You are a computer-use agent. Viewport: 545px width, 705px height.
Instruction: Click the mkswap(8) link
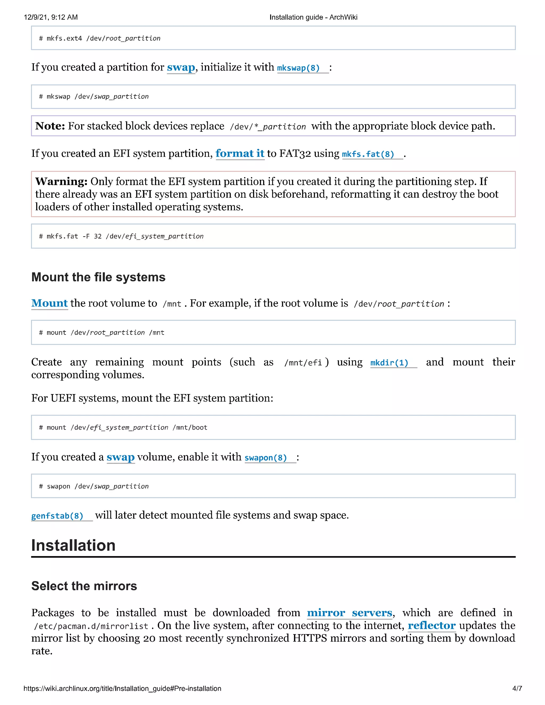pos(298,68)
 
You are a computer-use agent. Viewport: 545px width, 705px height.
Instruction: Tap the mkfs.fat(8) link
pos(368,154)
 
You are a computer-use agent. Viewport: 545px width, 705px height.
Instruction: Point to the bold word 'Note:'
pos(50,126)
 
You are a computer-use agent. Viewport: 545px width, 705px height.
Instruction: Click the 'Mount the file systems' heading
pos(98,277)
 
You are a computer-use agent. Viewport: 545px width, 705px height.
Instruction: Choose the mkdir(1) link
pos(389,363)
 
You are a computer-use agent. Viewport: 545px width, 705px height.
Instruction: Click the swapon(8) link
pos(266,458)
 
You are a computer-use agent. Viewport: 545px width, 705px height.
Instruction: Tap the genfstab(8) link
pos(57,516)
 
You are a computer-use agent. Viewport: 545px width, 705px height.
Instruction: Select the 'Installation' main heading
pos(73,546)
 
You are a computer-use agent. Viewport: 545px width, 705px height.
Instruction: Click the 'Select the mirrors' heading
pos(84,586)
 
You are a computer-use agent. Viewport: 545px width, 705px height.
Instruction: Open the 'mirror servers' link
pos(349,613)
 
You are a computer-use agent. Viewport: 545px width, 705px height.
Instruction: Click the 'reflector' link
pos(431,626)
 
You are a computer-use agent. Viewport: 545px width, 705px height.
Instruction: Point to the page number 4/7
pos(517,689)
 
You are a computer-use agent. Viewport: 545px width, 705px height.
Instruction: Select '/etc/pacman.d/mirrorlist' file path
pos(91,626)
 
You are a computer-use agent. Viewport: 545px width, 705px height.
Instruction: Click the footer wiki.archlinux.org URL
pos(122,689)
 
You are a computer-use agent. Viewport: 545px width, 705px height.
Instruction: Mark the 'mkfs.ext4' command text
pos(64,38)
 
